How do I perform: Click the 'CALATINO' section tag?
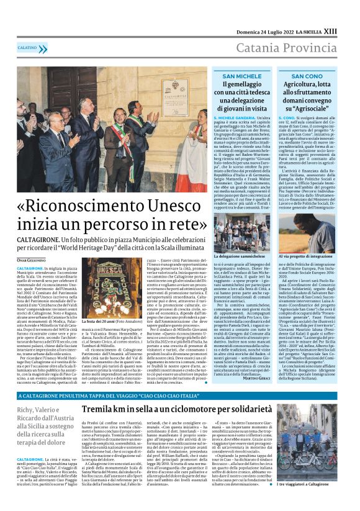pos(27,47)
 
